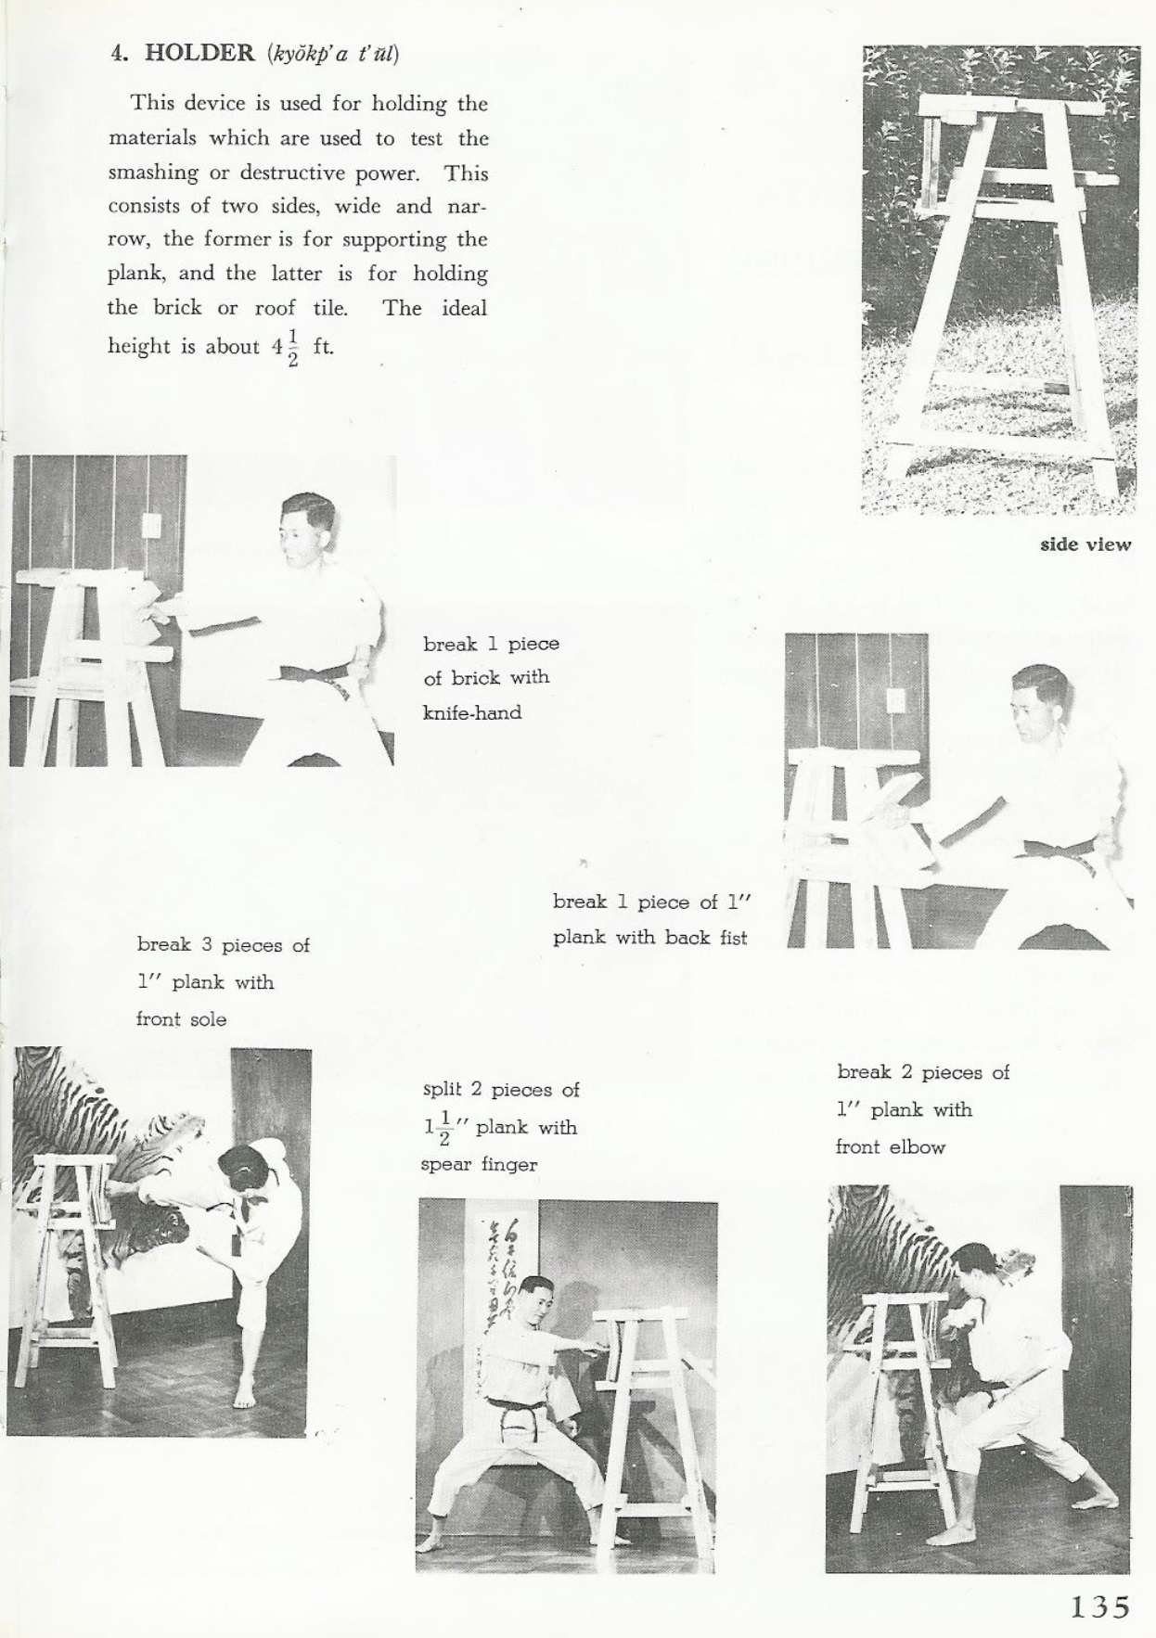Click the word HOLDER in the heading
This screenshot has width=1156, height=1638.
pyautogui.click(x=199, y=53)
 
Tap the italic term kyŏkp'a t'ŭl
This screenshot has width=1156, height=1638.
pyautogui.click(x=332, y=54)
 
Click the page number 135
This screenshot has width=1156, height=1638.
pyautogui.click(x=1099, y=1606)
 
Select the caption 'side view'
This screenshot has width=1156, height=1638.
pyautogui.click(x=1085, y=544)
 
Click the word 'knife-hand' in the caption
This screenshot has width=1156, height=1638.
pyautogui.click(x=472, y=713)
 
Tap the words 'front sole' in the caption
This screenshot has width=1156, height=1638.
pyautogui.click(x=181, y=1019)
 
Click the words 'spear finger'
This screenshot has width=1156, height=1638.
pyautogui.click(x=479, y=1164)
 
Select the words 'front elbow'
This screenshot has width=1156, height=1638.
pyautogui.click(x=890, y=1147)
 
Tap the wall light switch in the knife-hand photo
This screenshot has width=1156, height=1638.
pyautogui.click(x=150, y=526)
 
